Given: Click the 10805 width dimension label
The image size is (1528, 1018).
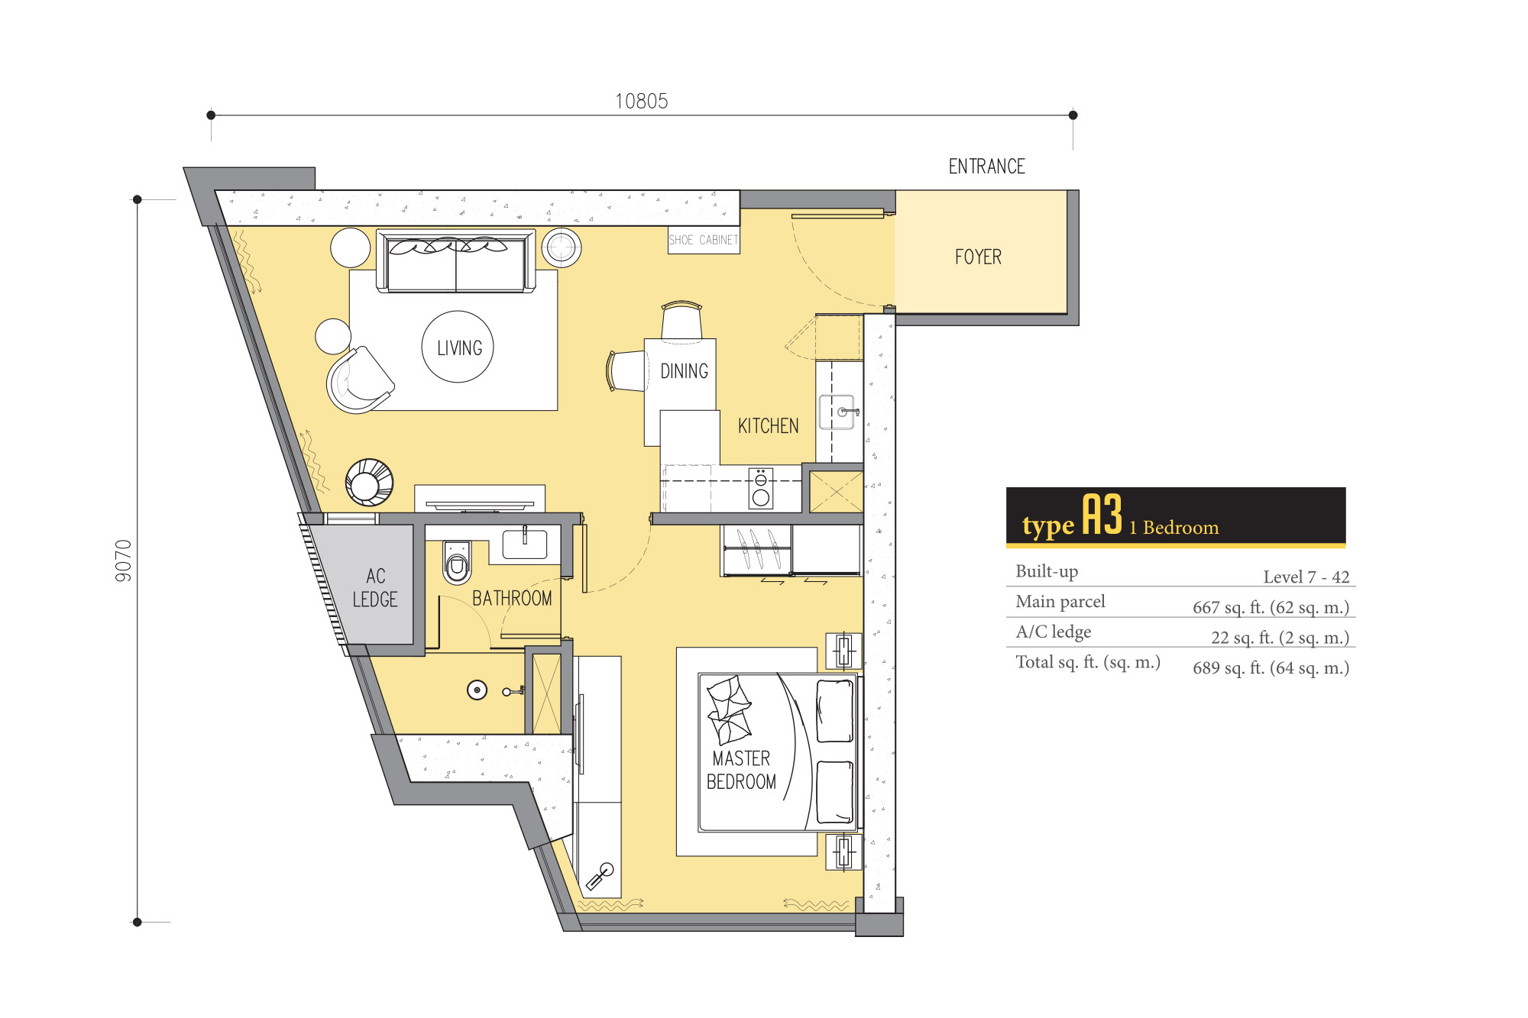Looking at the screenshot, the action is click(x=642, y=101).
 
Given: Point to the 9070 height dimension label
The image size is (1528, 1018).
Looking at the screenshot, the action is click(x=124, y=561).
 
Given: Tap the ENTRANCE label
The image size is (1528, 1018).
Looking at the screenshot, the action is click(x=986, y=166).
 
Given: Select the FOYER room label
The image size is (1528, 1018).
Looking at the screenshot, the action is click(x=978, y=257).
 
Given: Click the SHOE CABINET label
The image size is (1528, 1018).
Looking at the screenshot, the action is click(x=704, y=240).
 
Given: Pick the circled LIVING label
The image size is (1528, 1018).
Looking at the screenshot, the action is click(x=458, y=347).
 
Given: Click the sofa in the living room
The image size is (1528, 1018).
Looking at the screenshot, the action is click(x=456, y=261).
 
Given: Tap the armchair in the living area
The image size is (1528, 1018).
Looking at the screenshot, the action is click(x=360, y=380).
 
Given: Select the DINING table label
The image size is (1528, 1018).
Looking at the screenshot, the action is click(x=684, y=371).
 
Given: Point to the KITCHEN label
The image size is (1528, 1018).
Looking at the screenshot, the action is click(x=768, y=426).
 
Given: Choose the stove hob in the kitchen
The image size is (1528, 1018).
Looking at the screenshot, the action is click(x=761, y=488).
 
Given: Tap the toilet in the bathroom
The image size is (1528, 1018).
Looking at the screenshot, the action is click(x=457, y=562).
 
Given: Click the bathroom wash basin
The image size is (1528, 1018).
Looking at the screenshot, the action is click(x=525, y=545).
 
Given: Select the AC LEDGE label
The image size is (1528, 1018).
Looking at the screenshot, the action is click(x=375, y=587).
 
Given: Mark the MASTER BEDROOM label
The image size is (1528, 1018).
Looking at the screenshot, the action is click(x=741, y=770).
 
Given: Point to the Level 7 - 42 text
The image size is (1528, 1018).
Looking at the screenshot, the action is click(x=1306, y=577).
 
